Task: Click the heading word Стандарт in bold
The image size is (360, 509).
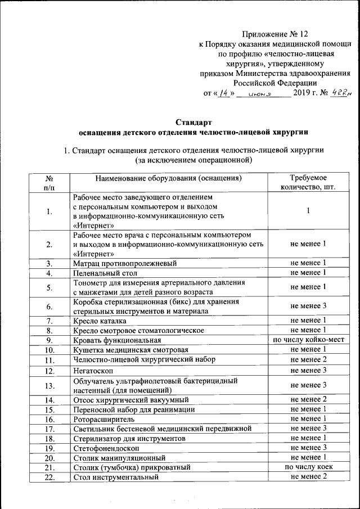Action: (193, 122)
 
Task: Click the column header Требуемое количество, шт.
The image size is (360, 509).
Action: (308, 183)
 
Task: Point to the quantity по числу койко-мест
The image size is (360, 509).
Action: (308, 340)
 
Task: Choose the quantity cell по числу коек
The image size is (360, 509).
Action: (308, 467)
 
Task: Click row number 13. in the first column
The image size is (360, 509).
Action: (49, 385)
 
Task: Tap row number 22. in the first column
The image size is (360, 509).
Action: (49, 477)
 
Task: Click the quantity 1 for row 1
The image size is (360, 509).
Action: (308, 211)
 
